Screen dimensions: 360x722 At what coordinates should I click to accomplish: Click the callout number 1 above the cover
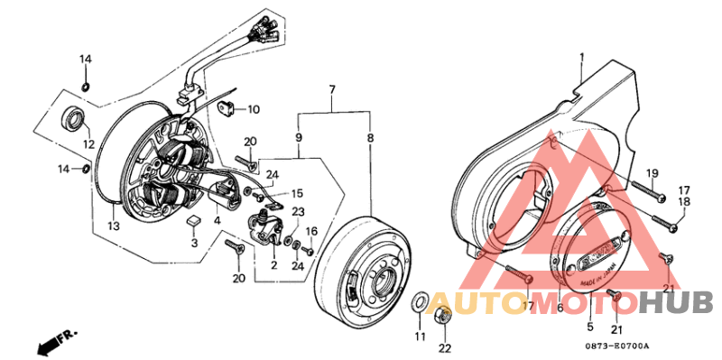click(x=582, y=59)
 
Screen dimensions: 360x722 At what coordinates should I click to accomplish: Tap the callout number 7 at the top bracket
click(x=332, y=89)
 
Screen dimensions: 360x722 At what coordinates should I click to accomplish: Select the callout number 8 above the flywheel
click(x=369, y=138)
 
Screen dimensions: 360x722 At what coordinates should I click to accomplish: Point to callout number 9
click(x=298, y=138)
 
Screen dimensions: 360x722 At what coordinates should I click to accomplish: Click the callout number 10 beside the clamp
click(x=253, y=110)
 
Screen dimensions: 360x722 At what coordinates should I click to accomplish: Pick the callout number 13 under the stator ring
click(x=112, y=226)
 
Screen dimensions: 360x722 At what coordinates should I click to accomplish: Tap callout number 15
click(x=297, y=193)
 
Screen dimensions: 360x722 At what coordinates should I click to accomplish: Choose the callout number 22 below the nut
click(x=443, y=349)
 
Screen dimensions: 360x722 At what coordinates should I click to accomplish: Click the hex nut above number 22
click(x=443, y=318)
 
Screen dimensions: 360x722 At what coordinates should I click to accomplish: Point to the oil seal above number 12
click(x=73, y=118)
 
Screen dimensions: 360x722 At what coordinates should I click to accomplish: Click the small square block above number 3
click(x=192, y=220)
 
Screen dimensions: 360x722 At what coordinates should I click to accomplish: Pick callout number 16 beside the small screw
click(x=310, y=232)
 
